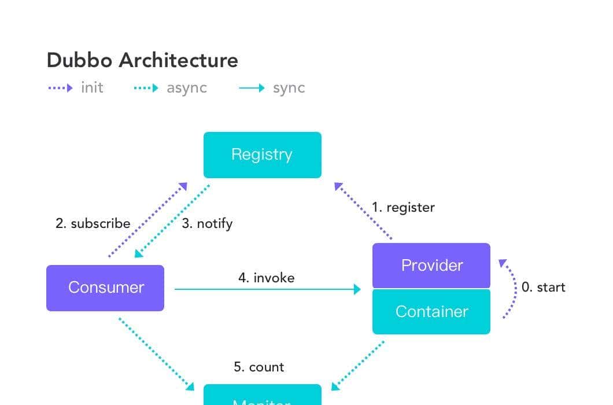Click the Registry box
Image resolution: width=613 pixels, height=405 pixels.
(262, 154)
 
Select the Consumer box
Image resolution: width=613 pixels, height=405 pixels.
(105, 288)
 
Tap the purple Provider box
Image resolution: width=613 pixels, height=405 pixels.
(431, 266)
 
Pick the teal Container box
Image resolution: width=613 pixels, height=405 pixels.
(431, 312)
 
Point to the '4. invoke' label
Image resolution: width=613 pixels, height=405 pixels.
(266, 278)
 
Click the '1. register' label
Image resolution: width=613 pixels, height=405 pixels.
(403, 207)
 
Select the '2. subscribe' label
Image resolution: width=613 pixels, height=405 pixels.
(93, 223)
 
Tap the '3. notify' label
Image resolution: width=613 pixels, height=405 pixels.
(207, 223)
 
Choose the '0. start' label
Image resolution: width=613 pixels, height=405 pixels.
(543, 287)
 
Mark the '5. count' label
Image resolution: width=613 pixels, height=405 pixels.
(259, 367)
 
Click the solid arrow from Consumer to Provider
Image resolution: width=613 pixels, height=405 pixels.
(266, 289)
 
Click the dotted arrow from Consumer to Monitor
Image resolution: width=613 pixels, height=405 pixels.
(156, 353)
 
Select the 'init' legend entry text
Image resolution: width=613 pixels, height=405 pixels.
(92, 88)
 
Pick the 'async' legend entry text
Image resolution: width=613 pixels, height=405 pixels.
(186, 88)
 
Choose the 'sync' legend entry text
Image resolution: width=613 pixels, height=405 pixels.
(289, 88)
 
